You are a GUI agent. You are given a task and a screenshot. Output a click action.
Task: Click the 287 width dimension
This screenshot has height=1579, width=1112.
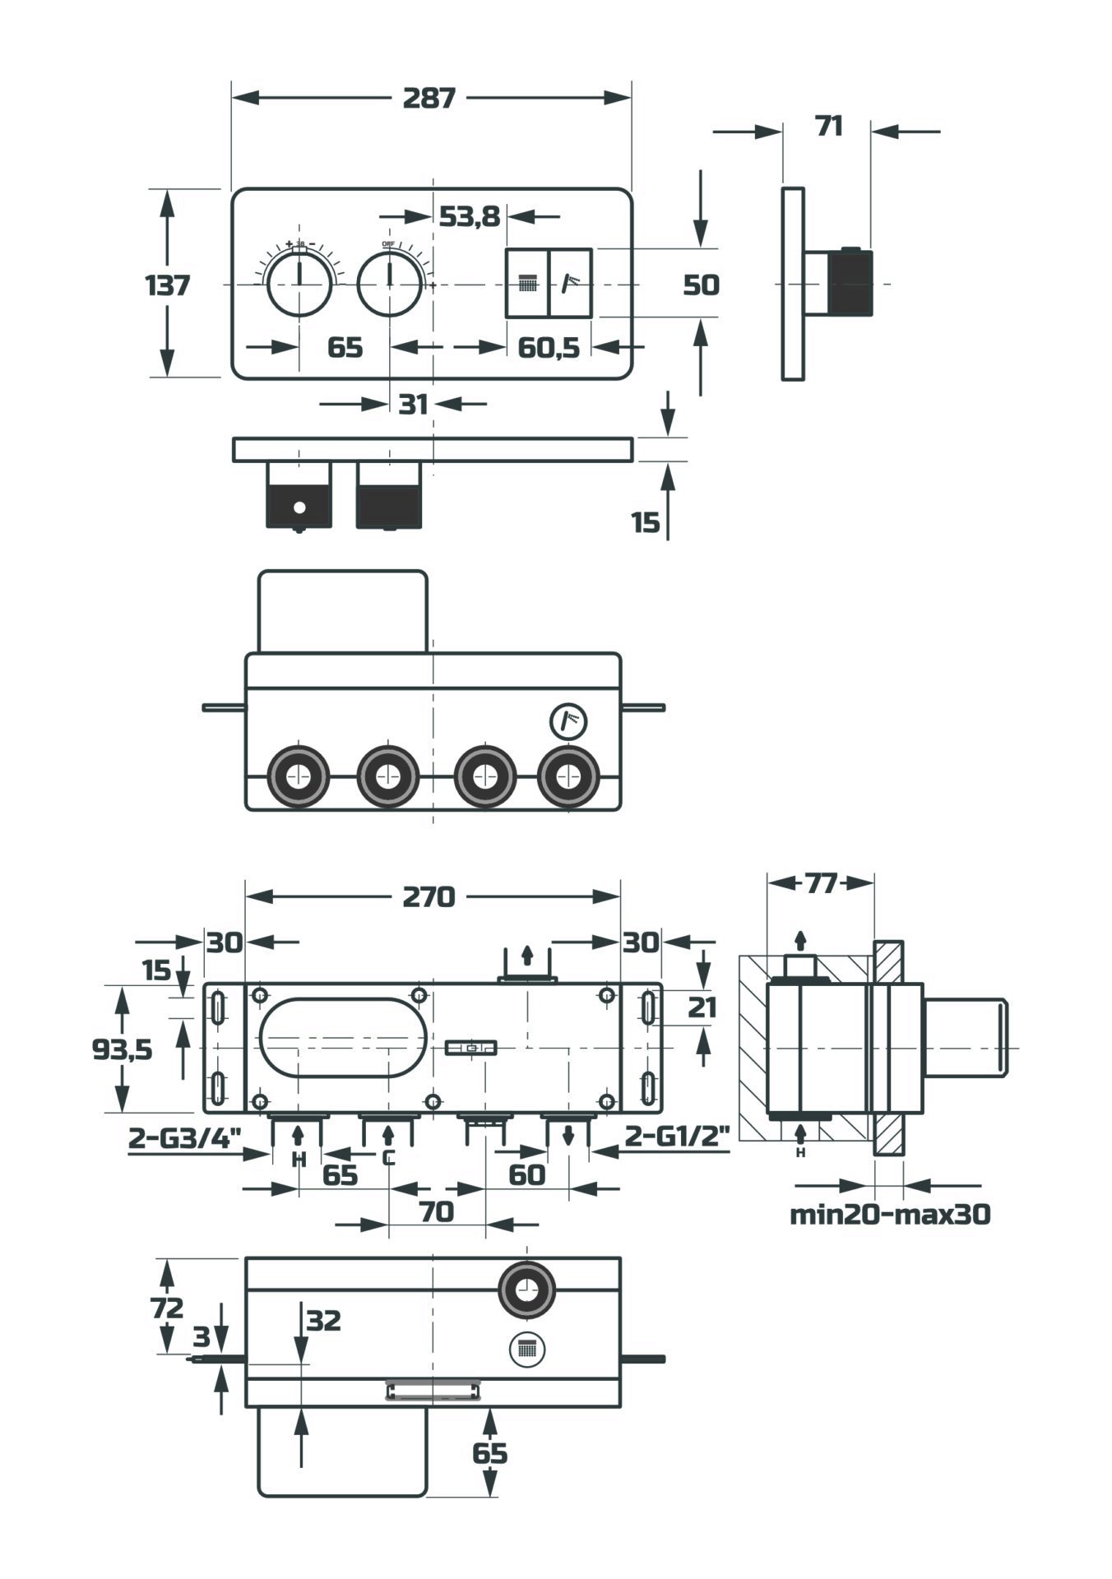429,98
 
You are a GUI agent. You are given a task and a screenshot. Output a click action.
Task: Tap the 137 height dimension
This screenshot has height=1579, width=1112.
168,285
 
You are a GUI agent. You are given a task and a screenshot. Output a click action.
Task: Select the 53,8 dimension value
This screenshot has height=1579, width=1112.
469,216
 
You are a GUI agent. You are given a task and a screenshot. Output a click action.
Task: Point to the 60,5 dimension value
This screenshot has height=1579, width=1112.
548,348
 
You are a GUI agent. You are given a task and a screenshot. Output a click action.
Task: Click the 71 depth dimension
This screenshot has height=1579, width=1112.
829,127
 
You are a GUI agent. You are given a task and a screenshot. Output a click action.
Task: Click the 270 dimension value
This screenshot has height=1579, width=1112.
429,896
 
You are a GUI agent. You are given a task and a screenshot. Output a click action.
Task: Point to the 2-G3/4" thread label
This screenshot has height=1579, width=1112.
184,1138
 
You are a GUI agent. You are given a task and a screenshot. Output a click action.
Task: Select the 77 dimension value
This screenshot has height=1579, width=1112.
820,883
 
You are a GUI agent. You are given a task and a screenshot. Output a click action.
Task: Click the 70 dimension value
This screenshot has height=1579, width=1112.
436,1211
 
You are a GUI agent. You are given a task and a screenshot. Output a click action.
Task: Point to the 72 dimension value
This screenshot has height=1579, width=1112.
167,1306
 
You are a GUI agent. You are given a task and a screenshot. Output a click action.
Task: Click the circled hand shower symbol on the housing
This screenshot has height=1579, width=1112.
570,721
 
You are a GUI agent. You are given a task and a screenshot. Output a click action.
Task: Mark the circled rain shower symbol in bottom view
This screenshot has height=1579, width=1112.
527,1350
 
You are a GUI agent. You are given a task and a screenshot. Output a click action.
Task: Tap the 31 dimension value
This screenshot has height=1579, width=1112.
413,404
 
